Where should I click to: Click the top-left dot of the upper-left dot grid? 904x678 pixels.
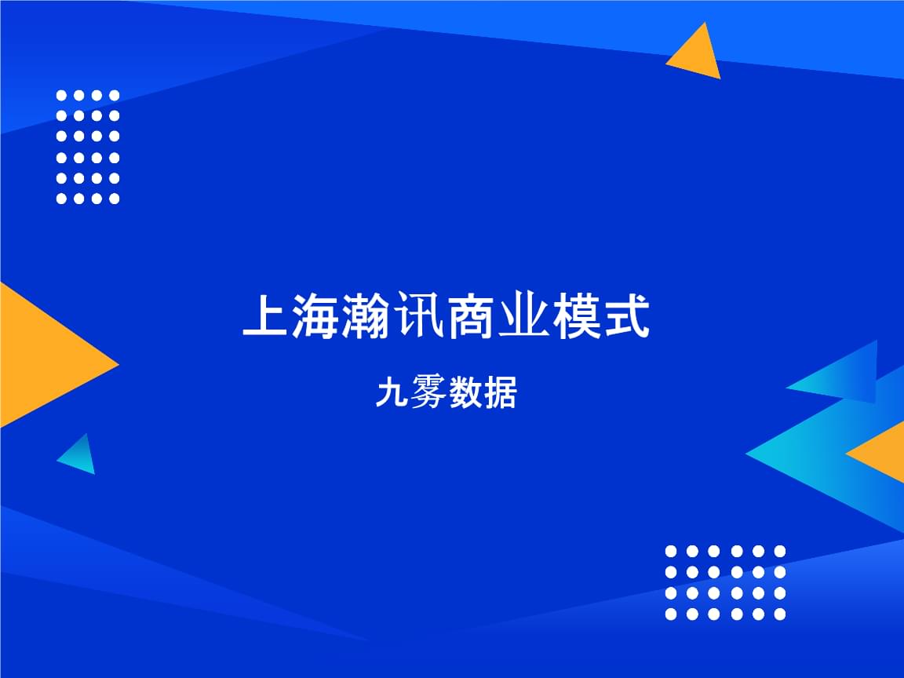(62, 95)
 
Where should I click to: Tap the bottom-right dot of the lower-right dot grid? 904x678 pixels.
(780, 614)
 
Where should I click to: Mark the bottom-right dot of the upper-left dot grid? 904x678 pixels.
(115, 199)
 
